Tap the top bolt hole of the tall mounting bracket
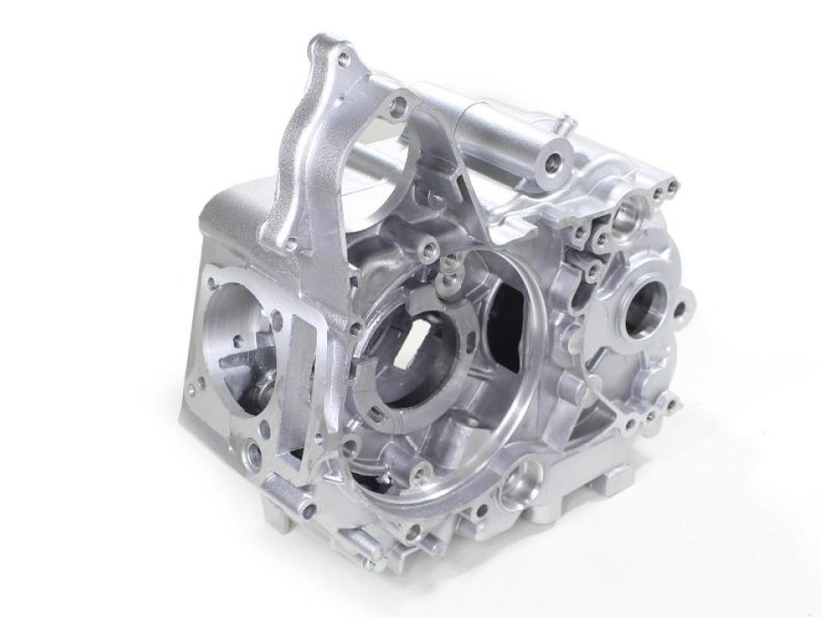coord(343,60)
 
